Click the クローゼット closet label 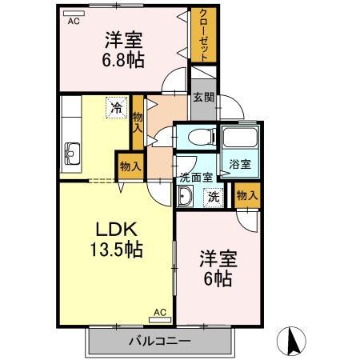point(203,35)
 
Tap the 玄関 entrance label point(204,98)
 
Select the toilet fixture point(202,137)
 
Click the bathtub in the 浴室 point(240,137)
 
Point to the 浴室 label point(240,164)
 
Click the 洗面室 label point(196,178)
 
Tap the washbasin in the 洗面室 point(186,196)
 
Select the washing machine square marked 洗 point(214,198)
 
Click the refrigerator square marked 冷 point(117,107)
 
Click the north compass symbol point(291,341)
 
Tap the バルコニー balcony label point(160,341)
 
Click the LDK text point(116,230)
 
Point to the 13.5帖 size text point(117,250)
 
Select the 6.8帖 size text point(123,60)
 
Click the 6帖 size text point(218,278)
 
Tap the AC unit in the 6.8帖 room point(74,14)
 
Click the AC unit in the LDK point(160,320)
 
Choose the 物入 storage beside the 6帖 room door point(247,196)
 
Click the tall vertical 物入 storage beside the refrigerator point(138,122)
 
